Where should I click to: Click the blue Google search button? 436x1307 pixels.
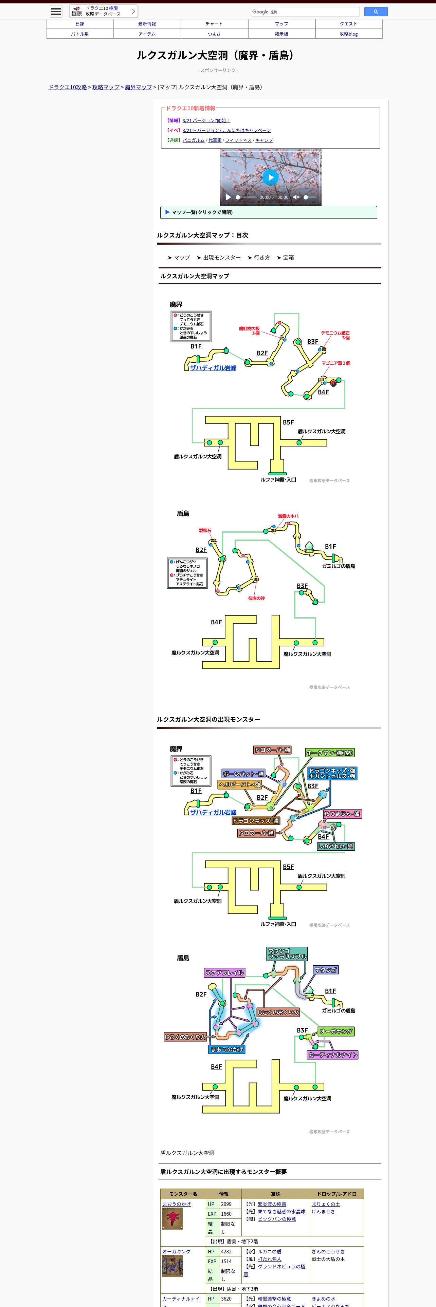click(376, 12)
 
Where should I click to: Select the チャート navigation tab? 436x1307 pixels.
click(214, 24)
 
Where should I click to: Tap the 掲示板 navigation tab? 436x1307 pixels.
click(281, 34)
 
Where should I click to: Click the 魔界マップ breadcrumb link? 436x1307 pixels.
click(138, 87)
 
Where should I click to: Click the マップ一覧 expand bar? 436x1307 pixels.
click(269, 212)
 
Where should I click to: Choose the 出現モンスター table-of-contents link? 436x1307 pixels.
click(222, 258)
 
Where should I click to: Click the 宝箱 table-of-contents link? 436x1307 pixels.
click(288, 258)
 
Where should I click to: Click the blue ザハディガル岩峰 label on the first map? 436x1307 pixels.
click(213, 368)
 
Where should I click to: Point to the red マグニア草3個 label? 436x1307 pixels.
click(335, 363)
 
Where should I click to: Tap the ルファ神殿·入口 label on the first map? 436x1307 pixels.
click(278, 479)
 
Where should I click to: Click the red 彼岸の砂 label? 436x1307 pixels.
click(256, 598)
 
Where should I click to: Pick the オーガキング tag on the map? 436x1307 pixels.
click(336, 1031)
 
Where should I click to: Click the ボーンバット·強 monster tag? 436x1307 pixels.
click(243, 774)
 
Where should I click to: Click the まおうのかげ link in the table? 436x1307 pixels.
click(177, 1204)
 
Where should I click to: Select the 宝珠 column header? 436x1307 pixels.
click(276, 1194)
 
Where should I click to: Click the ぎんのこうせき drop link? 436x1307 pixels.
click(328, 1252)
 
